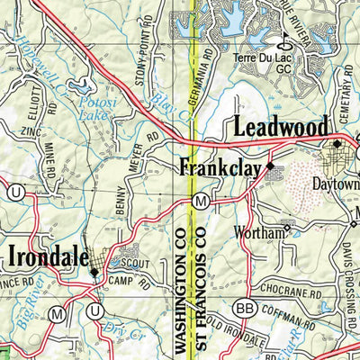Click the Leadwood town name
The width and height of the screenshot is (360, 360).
point(280,128)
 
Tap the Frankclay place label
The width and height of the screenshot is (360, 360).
point(220,167)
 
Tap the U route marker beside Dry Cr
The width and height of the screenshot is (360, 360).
point(95,311)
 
